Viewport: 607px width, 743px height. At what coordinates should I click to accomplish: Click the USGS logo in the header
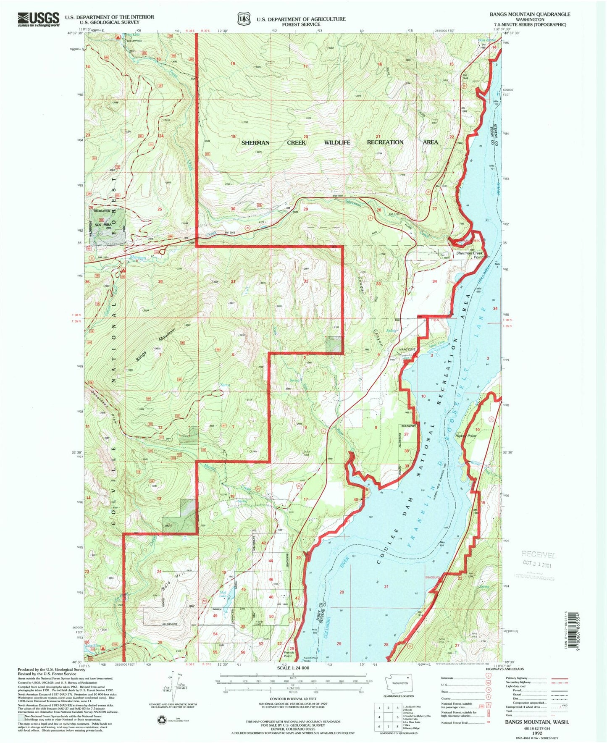click(x=38, y=19)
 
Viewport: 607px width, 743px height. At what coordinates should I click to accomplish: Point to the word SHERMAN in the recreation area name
click(x=255, y=143)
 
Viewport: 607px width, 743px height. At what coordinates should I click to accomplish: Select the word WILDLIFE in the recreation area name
click(x=337, y=143)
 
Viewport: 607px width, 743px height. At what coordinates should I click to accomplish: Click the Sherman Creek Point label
click(x=470, y=255)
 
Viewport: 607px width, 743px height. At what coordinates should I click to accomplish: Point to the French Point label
click(x=289, y=654)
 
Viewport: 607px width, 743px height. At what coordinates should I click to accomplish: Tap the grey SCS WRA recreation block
click(x=107, y=226)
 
